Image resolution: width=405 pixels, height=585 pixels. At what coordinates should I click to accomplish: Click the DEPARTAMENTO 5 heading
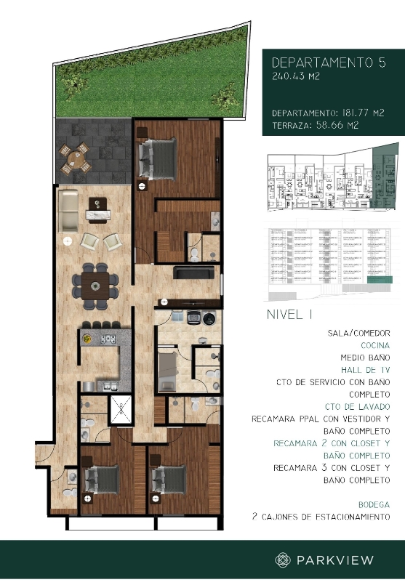point(328,62)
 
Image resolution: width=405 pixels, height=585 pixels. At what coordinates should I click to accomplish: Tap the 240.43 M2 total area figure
point(295,76)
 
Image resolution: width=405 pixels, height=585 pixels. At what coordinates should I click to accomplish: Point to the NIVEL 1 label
point(290,315)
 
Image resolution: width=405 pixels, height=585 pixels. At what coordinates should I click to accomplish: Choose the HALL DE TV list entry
point(366,370)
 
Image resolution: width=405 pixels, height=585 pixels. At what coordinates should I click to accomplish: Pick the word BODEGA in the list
point(374,504)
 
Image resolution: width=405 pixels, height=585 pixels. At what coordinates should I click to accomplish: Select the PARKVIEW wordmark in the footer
point(334,560)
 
